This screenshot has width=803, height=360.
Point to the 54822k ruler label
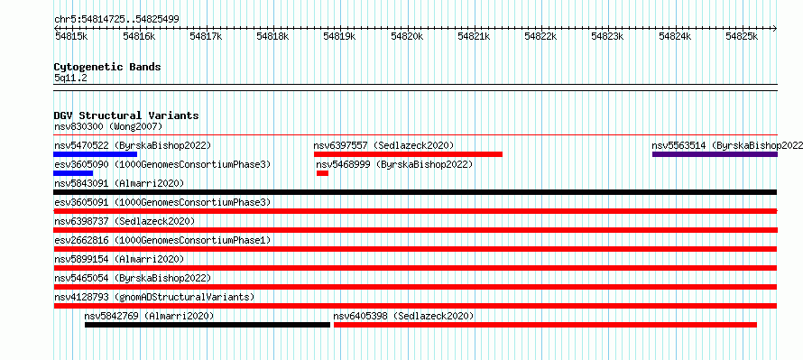click(x=540, y=36)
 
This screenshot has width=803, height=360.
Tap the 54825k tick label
click(x=742, y=36)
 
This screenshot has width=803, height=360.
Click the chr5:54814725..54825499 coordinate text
click(x=116, y=20)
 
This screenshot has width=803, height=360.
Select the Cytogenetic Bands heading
click(x=107, y=67)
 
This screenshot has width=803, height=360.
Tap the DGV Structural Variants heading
click(x=126, y=115)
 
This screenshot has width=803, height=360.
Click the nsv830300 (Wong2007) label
click(x=108, y=126)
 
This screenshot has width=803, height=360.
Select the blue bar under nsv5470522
click(x=96, y=154)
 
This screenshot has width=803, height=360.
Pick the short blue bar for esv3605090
click(x=73, y=173)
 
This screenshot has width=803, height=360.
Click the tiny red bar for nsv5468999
click(x=322, y=173)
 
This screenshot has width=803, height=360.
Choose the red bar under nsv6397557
click(x=408, y=154)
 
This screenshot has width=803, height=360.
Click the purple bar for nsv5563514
click(x=715, y=154)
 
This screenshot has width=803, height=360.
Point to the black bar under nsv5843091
click(x=415, y=192)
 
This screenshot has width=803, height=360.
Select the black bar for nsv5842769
click(x=208, y=325)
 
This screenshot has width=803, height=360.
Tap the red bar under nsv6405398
click(x=545, y=325)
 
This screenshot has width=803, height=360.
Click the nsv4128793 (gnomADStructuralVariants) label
click(x=154, y=297)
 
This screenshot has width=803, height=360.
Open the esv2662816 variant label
click(x=81, y=240)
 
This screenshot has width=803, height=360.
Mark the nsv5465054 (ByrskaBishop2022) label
click(x=133, y=278)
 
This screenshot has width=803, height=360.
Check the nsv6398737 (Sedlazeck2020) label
click(x=125, y=221)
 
